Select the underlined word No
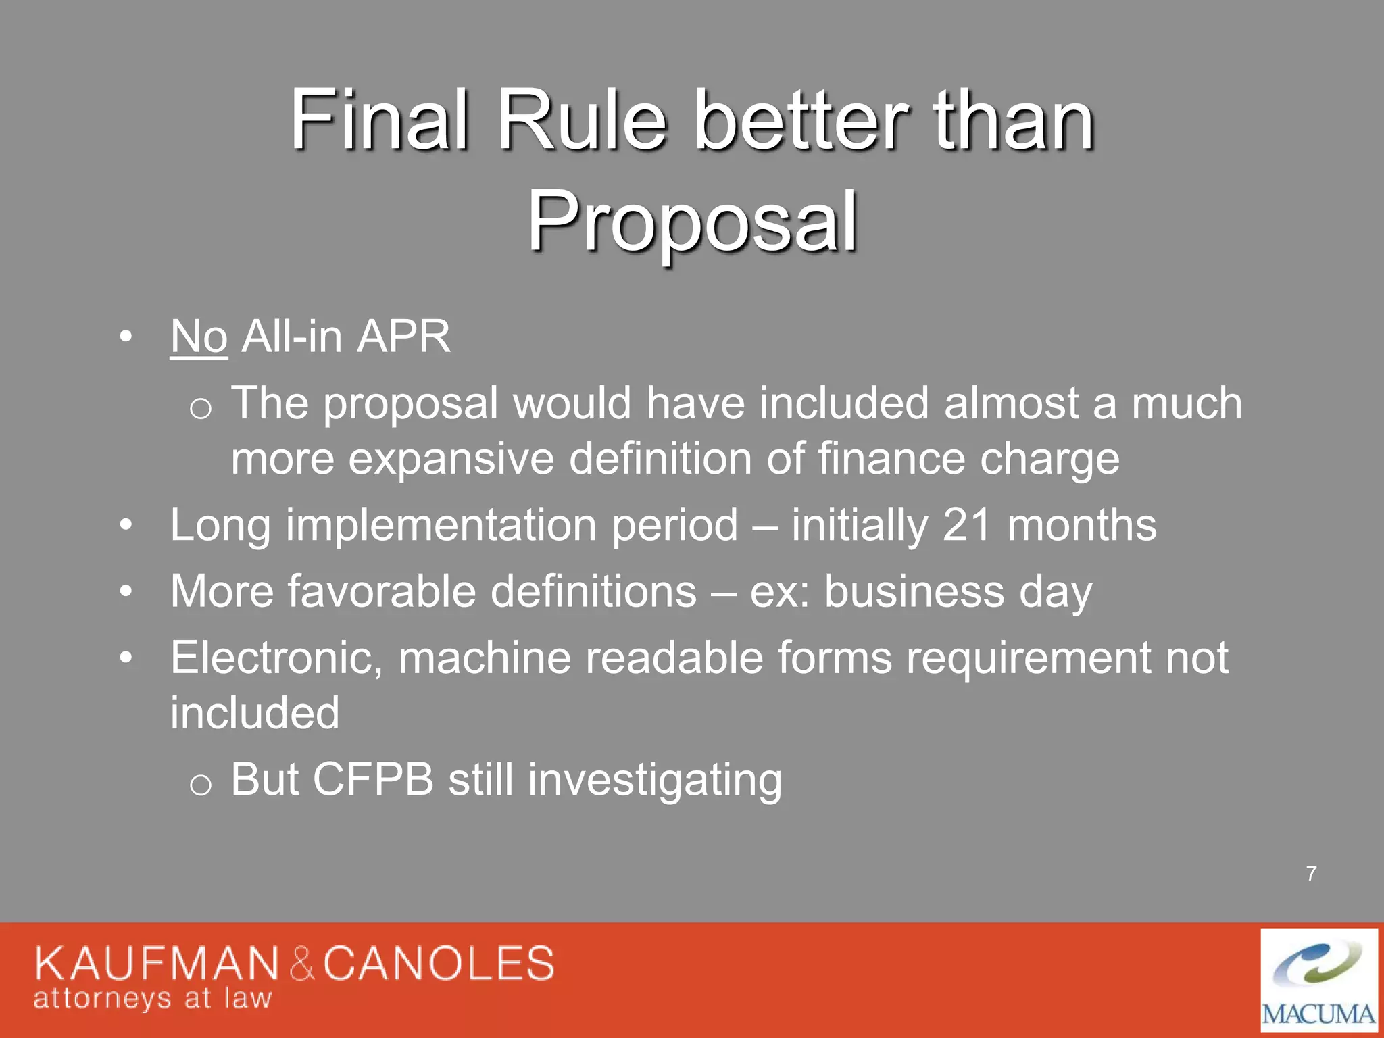(x=199, y=337)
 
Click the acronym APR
(x=403, y=337)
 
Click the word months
(x=1081, y=525)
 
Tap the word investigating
(x=655, y=781)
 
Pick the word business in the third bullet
(x=914, y=592)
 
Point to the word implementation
(x=444, y=526)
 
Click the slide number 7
(x=1311, y=874)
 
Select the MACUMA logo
(x=1318, y=980)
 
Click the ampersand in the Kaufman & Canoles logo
(x=302, y=964)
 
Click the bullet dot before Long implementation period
(x=126, y=525)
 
